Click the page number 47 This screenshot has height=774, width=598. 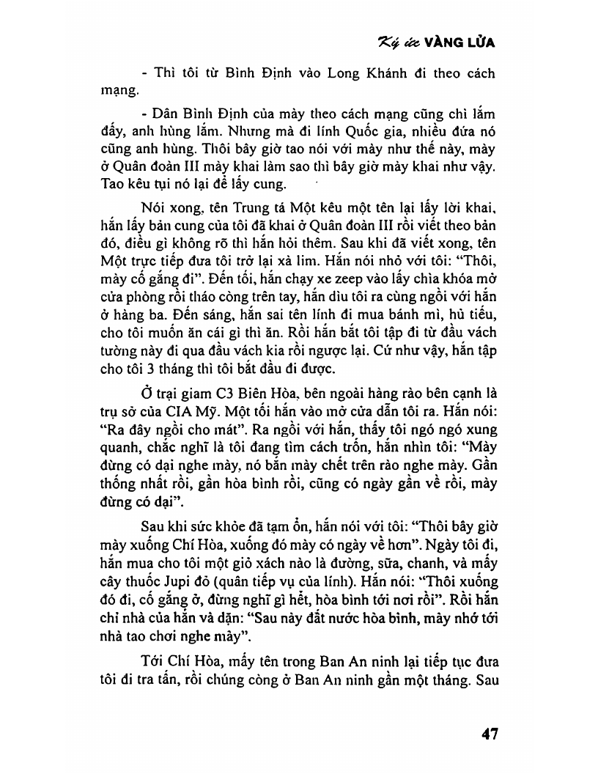pyautogui.click(x=488, y=734)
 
